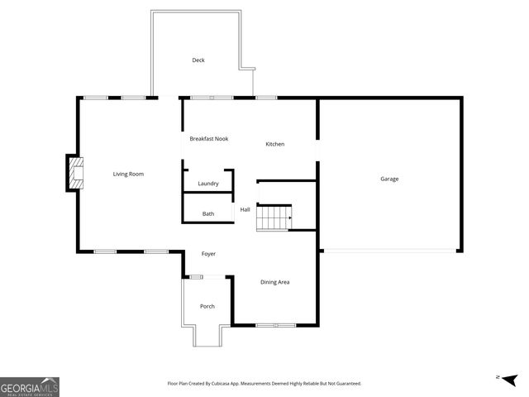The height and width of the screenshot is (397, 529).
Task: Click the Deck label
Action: tap(198, 60)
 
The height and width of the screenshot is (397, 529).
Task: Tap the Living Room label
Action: tap(129, 174)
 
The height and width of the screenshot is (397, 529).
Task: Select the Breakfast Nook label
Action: tap(209, 139)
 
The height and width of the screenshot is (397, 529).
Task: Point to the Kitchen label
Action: tap(275, 145)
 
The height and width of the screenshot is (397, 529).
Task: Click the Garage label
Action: tap(389, 179)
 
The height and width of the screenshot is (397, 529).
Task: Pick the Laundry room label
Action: tap(207, 184)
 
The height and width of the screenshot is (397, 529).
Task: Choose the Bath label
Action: tap(208, 214)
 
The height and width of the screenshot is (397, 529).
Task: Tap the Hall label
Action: tap(245, 209)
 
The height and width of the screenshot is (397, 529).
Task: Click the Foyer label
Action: tap(208, 254)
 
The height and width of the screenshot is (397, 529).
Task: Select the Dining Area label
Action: tap(275, 283)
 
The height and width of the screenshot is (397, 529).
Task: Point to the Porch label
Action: tap(207, 307)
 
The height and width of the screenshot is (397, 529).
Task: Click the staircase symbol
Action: tap(274, 218)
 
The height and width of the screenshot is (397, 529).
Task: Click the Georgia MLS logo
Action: tap(30, 386)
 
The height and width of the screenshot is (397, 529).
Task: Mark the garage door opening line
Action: tap(389, 251)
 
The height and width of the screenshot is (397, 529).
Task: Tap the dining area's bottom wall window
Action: tap(275, 325)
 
